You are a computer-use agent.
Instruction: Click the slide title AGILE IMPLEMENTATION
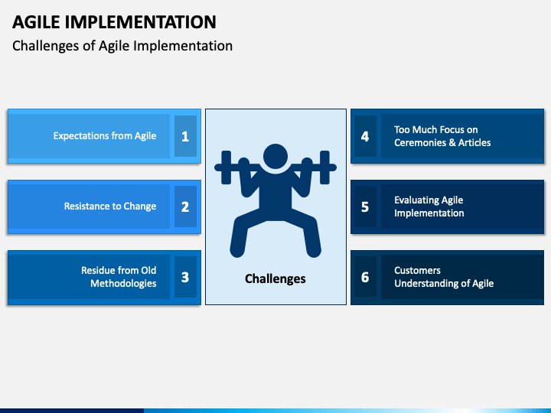coord(114,21)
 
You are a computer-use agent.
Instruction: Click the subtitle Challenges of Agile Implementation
coord(122,46)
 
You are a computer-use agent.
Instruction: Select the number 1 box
coord(185,136)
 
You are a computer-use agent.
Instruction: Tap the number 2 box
coord(185,206)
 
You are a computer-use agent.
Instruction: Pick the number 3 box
coord(185,277)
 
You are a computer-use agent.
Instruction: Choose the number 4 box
coord(365,136)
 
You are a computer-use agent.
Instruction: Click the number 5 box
coord(365,206)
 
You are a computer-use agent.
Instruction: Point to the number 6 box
coord(365,277)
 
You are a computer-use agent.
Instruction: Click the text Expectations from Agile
coord(104,136)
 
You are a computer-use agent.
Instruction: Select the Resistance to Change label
coord(109,206)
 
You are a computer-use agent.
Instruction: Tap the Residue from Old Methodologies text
coord(119,277)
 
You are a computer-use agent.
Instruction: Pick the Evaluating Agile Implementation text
coord(429,206)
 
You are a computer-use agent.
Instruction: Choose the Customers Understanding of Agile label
coord(444,277)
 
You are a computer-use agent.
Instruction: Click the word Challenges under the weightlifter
coord(275,279)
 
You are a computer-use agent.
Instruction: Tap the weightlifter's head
coord(275,157)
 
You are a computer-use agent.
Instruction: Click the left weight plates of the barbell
coord(227,167)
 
